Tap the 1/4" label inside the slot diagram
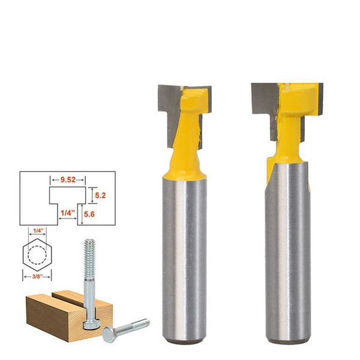67,212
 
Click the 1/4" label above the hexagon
39,230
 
